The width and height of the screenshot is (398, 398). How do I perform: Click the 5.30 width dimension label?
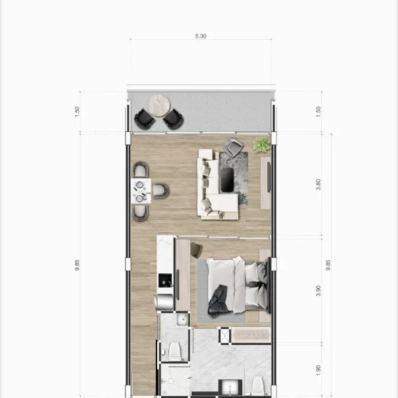[x=200, y=36]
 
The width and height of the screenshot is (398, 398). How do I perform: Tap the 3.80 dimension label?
[x=318, y=184]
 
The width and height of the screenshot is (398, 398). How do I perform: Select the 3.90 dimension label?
[x=318, y=291]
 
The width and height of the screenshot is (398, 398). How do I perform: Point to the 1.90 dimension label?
[x=318, y=371]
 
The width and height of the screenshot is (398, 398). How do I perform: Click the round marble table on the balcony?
[x=159, y=105]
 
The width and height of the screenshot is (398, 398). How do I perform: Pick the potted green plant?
[x=262, y=145]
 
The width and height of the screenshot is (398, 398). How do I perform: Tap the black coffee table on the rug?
[x=227, y=180]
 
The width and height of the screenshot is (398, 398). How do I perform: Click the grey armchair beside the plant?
[x=233, y=147]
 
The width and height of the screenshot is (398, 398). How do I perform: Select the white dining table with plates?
[x=141, y=191]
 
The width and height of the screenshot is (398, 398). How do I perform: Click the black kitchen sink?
[x=165, y=280]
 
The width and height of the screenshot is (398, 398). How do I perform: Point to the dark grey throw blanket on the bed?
[x=218, y=300]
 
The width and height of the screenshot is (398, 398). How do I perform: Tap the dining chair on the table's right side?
[x=161, y=190]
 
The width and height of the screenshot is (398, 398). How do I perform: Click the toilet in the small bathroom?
[x=174, y=352]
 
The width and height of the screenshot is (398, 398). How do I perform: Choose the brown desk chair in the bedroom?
[x=197, y=250]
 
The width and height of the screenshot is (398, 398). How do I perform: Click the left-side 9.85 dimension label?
[x=77, y=265]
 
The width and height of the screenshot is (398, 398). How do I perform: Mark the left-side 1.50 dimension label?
[x=77, y=111]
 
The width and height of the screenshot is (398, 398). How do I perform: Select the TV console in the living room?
[x=266, y=183]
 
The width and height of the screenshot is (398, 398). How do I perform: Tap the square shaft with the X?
[x=225, y=336]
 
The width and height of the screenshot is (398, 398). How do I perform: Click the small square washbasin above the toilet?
[x=182, y=319]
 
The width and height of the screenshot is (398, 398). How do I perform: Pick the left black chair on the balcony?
[x=145, y=119]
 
